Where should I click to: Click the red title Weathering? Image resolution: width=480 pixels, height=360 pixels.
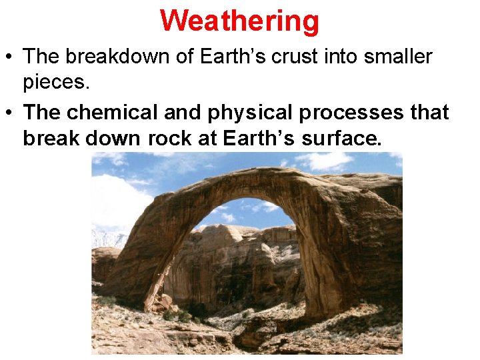coord(240,21)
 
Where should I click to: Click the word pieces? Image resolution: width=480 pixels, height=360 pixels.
coord(55,83)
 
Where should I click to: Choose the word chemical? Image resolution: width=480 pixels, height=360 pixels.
coord(109,112)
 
